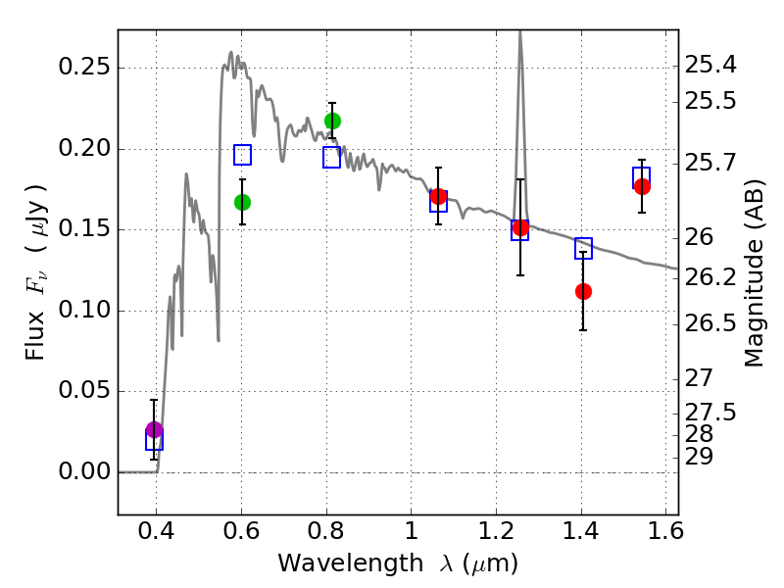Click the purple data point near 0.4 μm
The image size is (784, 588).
tap(154, 429)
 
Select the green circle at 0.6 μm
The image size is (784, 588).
tap(242, 202)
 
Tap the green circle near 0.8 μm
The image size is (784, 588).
tap(332, 121)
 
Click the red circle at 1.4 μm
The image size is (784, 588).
tap(583, 291)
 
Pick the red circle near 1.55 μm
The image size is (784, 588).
tap(642, 186)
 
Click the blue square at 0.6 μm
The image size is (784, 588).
tap(242, 155)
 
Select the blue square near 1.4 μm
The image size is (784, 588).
tap(583, 249)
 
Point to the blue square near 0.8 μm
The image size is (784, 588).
tap(332, 158)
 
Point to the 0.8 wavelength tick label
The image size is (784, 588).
tap(326, 535)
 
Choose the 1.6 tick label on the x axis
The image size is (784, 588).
tap(666, 535)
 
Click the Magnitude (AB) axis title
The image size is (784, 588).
tap(755, 270)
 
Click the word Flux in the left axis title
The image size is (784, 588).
tap(36, 311)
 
